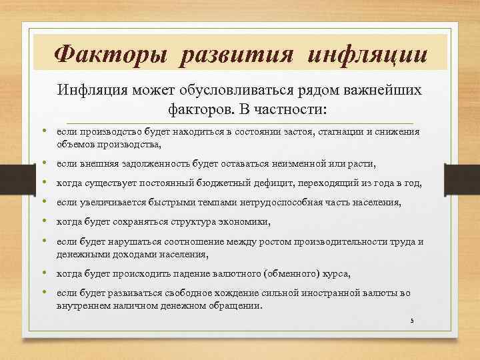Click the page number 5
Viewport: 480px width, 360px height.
(412, 321)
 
